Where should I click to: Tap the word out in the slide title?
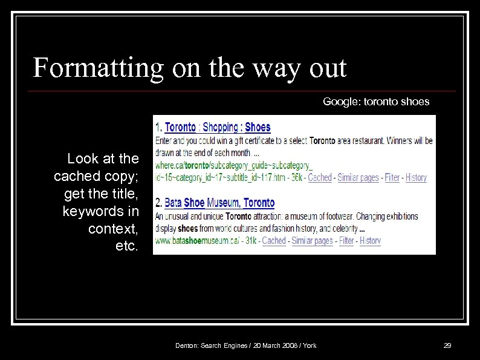(328, 68)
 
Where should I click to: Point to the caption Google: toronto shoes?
(376, 102)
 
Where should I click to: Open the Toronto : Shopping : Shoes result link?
(218, 127)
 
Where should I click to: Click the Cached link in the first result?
(320, 177)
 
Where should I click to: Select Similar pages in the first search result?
(358, 177)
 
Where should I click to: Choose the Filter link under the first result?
(392, 177)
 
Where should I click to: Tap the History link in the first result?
(416, 177)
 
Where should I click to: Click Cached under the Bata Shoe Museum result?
(274, 240)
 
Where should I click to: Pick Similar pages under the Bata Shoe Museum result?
(312, 240)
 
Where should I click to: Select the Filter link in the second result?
(346, 240)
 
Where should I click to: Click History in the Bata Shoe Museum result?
(370, 240)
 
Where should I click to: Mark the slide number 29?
(447, 345)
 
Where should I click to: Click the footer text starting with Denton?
(245, 345)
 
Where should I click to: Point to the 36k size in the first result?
(297, 177)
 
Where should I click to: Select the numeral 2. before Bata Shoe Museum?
(159, 203)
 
